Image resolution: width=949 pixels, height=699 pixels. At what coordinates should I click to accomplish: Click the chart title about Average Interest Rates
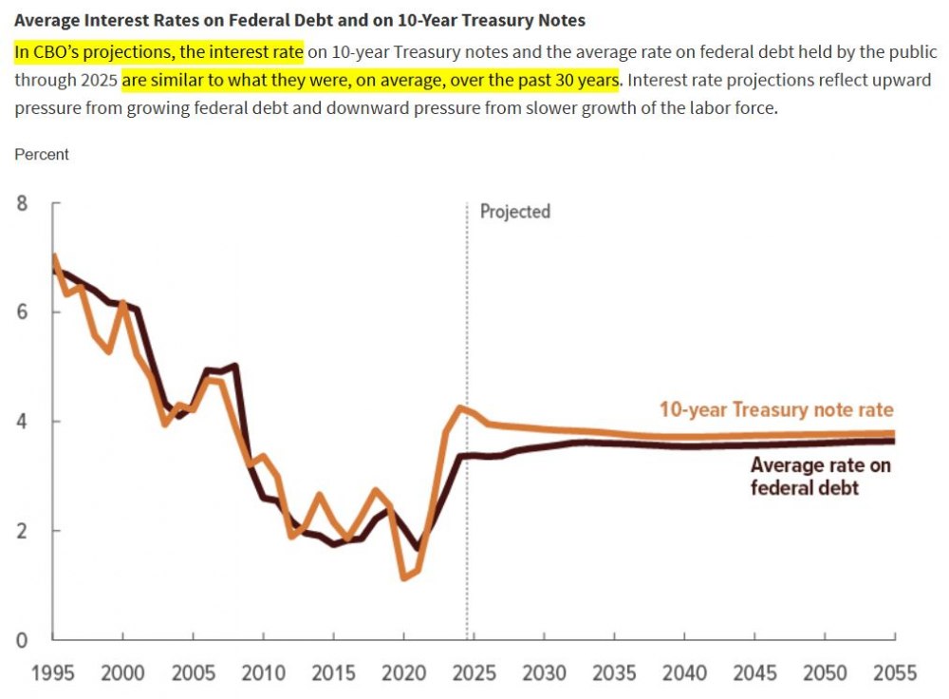tap(300, 19)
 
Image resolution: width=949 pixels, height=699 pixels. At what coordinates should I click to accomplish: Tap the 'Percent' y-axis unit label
tap(42, 154)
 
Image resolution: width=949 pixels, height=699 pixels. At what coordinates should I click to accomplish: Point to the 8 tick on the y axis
tap(22, 202)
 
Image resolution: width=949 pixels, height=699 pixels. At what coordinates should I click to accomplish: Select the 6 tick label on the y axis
tap(22, 312)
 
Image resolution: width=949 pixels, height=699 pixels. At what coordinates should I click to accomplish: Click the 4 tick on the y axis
tap(22, 422)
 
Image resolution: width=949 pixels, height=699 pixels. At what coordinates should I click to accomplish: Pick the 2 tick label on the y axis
tap(22, 531)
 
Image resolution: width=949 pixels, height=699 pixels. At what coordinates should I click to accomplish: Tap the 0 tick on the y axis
tap(22, 640)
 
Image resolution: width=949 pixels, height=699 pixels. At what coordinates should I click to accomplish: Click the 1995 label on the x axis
tap(53, 673)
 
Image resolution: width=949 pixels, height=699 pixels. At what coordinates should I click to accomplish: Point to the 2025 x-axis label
tap(474, 673)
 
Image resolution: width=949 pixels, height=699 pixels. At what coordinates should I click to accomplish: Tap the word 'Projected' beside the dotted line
tap(514, 211)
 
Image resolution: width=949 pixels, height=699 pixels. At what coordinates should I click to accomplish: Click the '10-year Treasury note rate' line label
tap(776, 410)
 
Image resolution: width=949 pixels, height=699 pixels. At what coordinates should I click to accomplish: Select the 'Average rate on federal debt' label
tap(820, 476)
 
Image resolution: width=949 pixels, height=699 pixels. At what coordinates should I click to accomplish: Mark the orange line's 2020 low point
tap(405, 577)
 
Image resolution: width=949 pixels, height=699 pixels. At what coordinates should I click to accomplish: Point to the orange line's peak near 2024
tap(460, 407)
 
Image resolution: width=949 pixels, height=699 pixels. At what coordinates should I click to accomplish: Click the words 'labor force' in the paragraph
tap(735, 107)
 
